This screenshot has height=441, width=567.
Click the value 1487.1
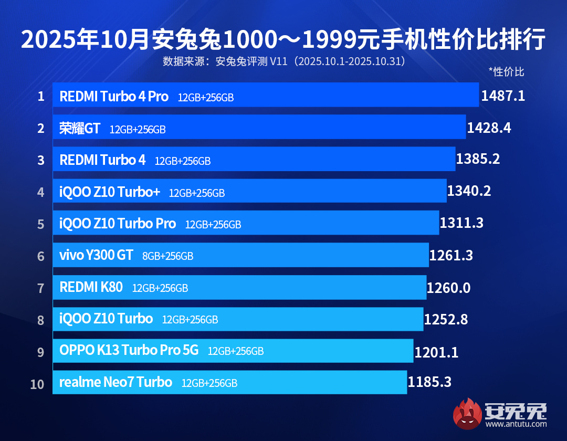pyautogui.click(x=503, y=96)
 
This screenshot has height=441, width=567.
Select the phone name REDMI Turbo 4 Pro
pyautogui.click(x=114, y=97)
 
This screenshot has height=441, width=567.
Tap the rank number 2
pyautogui.click(x=41, y=128)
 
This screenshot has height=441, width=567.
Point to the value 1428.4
pyautogui.click(x=489, y=128)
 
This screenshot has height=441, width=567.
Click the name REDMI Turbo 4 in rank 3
pyautogui.click(x=102, y=160)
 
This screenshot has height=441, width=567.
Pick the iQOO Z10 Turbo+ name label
pyautogui.click(x=110, y=192)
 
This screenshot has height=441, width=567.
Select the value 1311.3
pyautogui.click(x=461, y=223)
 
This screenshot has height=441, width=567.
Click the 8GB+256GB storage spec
pyautogui.click(x=167, y=256)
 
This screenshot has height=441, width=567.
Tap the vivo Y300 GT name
pyautogui.click(x=96, y=256)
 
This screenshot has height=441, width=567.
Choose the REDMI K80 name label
pyautogui.click(x=91, y=287)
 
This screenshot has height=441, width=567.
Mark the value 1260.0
pyautogui.click(x=448, y=288)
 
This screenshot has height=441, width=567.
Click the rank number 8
pyautogui.click(x=41, y=320)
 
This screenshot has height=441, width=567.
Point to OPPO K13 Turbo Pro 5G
pyautogui.click(x=129, y=351)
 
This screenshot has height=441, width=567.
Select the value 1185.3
pyautogui.click(x=429, y=382)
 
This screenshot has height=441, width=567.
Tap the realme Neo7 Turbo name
pyautogui.click(x=115, y=382)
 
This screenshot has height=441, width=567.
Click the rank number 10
pyautogui.click(x=37, y=384)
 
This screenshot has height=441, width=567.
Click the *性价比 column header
pyautogui.click(x=506, y=72)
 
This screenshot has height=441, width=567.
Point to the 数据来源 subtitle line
pyautogui.click(x=283, y=61)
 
